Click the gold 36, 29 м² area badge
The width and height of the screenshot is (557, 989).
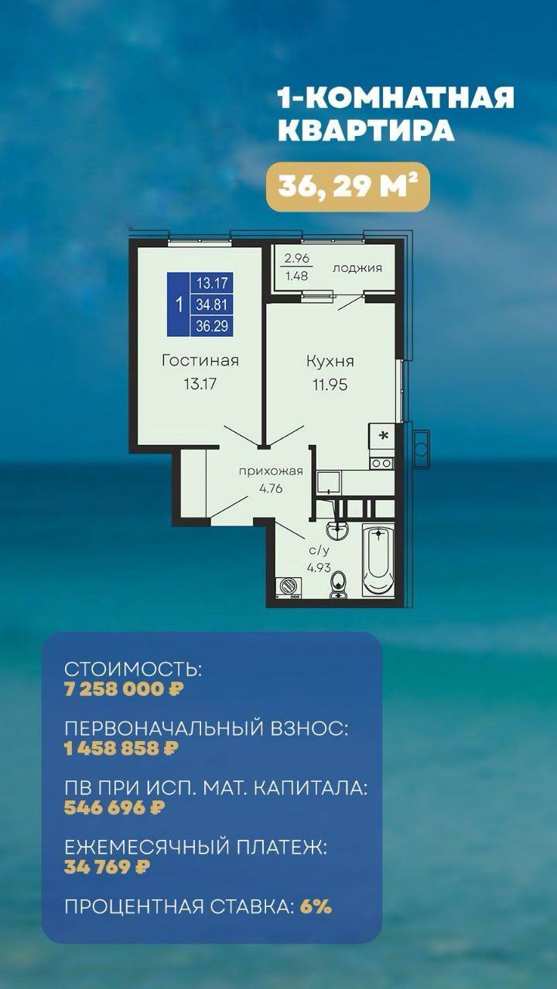pos(348,187)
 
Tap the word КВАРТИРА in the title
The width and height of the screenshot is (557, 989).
pos(367,131)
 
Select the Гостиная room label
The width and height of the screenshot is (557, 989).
pos(200,360)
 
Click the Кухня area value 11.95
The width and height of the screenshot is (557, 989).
pos(330,385)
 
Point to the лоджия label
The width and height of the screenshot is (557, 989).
pos(357,268)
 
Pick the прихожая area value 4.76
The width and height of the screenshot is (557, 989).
pos(271,489)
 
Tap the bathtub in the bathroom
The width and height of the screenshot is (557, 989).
pos(378,560)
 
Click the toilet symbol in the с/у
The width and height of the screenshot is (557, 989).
pos(339,585)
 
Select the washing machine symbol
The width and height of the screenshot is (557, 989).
pos(288,588)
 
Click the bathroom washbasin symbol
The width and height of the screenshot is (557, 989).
pos(337,529)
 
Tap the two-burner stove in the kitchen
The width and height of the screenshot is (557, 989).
pos(381,463)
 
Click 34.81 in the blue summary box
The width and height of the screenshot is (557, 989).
pos(212,304)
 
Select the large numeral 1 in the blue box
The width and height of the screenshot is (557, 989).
pos(179,304)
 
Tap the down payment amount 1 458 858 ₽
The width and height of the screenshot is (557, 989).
pos(121,748)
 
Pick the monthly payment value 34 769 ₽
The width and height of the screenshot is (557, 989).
pos(107,867)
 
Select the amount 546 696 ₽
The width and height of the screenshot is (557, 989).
pos(114,807)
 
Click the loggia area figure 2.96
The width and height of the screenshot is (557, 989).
pos(296,258)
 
